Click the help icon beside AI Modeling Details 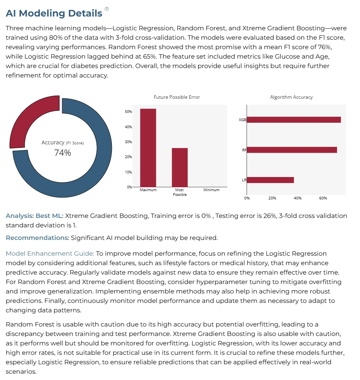click(106, 9)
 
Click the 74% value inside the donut click(63, 153)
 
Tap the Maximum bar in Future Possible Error click(148, 148)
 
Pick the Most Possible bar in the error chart click(180, 168)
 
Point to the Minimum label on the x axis click(211, 190)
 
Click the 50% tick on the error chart click(128, 112)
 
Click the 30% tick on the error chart click(128, 142)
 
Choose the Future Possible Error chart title click(177, 97)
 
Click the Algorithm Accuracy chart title click(291, 97)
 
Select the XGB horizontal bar click(294, 120)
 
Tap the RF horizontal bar click(292, 150)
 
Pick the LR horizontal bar click(271, 180)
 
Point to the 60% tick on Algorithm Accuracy click(323, 198)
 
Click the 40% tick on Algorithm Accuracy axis click(297, 198)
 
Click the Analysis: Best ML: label click(34, 216)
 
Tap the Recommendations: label click(37, 238)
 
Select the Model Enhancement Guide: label click(50, 253)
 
